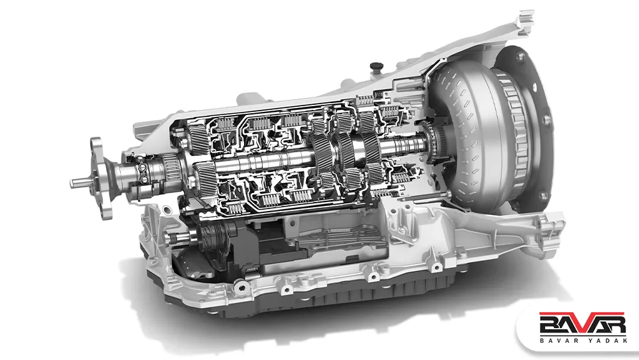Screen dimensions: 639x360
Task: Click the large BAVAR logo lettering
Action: pyautogui.click(x=582, y=325)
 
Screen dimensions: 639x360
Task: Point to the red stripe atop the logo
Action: pyautogui.click(x=582, y=313)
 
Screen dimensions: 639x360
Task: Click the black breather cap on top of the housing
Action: pyautogui.click(x=376, y=67)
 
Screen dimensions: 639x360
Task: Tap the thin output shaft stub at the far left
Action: pyautogui.click(x=79, y=183)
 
